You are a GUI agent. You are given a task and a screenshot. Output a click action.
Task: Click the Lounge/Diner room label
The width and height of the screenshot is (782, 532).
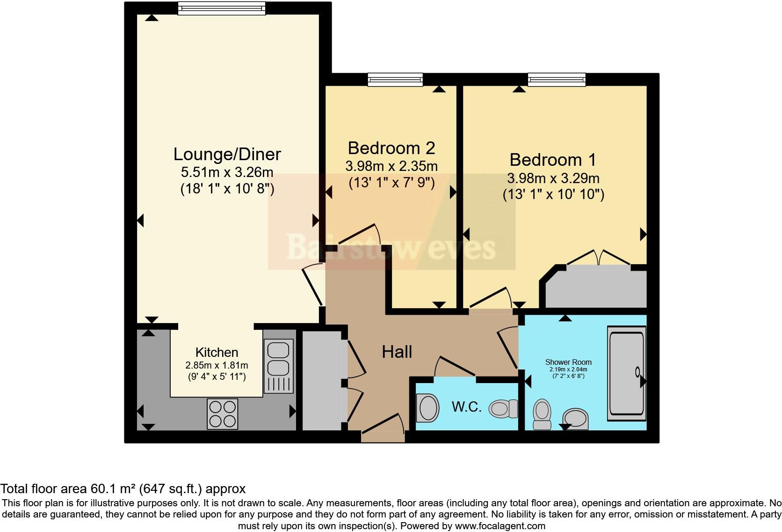pyautogui.click(x=227, y=154)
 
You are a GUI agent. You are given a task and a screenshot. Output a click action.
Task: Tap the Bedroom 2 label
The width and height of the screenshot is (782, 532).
pyautogui.click(x=391, y=148)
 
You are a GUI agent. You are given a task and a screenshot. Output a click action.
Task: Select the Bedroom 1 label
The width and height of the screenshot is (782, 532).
pyautogui.click(x=552, y=160)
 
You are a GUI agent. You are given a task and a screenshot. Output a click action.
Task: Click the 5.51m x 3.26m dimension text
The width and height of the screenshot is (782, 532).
pyautogui.click(x=227, y=172)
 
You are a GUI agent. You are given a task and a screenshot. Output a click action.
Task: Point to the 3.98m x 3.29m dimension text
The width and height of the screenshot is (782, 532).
pyautogui.click(x=553, y=178)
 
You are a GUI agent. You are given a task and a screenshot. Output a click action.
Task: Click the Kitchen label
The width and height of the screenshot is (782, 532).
pyautogui.click(x=217, y=352)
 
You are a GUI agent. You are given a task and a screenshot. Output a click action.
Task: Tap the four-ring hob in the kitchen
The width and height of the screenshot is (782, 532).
pyautogui.click(x=223, y=414)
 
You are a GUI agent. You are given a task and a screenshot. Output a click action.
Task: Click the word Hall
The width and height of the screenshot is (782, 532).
pyautogui.click(x=397, y=352)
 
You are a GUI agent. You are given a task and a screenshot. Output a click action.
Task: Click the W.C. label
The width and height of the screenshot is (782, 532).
pyautogui.click(x=466, y=406)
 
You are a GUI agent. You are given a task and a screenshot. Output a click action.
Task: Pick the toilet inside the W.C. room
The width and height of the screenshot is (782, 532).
pyautogui.click(x=503, y=409)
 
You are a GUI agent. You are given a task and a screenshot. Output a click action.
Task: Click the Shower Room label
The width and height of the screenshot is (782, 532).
pyautogui.click(x=568, y=362)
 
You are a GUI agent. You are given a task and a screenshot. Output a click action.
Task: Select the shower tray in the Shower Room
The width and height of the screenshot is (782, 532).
pyautogui.click(x=627, y=372)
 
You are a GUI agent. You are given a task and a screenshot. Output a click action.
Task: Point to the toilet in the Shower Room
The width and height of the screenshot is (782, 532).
pyautogui.click(x=542, y=414)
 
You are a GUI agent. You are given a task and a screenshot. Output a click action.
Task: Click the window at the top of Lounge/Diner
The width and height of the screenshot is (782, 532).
pyautogui.click(x=221, y=8)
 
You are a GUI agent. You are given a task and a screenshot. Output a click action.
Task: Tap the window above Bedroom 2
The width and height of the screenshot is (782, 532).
pyautogui.click(x=395, y=79)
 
